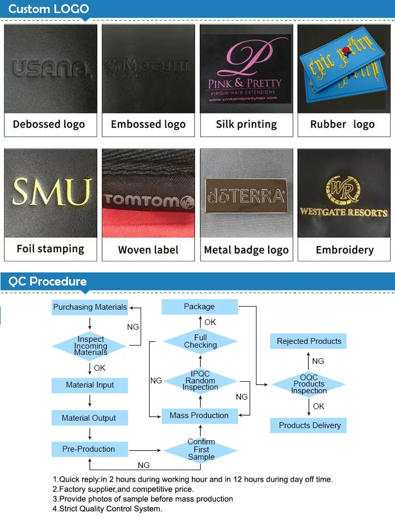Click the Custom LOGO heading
coord(49,9)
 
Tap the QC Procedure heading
coord(47,281)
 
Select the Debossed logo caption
coord(49,125)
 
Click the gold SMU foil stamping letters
coord(51,192)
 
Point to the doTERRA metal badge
coord(246,196)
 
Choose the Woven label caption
coord(148,250)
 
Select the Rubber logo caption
coord(342,125)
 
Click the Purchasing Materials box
coord(90,307)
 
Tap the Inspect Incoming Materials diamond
coord(90,346)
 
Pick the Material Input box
coord(90,385)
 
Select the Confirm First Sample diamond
coord(201,450)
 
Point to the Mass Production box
coord(199,415)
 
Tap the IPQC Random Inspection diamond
coord(200,381)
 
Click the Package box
coord(199,307)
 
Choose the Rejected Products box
coord(309,341)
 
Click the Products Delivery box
coord(310,425)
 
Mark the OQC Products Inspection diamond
coord(309,384)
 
